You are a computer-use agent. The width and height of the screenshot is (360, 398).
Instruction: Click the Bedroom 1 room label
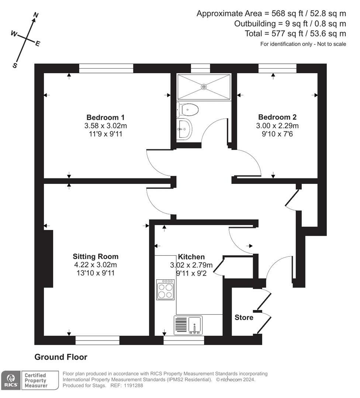point(105,118)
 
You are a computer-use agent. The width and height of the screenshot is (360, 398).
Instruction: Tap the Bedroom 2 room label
point(277,118)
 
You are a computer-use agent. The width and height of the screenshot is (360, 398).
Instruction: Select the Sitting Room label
point(96,256)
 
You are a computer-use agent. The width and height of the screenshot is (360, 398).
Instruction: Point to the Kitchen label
point(191,257)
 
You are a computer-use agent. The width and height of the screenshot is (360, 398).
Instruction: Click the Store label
point(244,317)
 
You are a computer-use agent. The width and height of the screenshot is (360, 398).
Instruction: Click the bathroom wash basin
point(184,129)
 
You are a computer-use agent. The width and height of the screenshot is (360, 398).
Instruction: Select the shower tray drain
point(204,86)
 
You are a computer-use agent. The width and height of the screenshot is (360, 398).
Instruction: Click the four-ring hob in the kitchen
point(165,290)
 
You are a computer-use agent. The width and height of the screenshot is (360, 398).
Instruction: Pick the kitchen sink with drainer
point(188,325)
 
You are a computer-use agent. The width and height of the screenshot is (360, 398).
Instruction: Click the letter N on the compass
point(36,15)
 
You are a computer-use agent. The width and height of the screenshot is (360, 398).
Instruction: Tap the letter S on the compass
point(15,65)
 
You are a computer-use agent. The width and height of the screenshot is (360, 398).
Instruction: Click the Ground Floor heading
point(61,357)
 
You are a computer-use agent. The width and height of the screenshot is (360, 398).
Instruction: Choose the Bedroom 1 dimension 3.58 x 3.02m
point(105,126)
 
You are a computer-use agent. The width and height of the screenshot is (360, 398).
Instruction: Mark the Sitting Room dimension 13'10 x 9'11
point(96,273)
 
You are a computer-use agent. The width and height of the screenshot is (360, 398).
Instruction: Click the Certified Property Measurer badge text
point(36,380)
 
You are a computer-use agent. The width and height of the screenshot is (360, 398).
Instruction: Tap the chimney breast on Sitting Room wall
point(49,258)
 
